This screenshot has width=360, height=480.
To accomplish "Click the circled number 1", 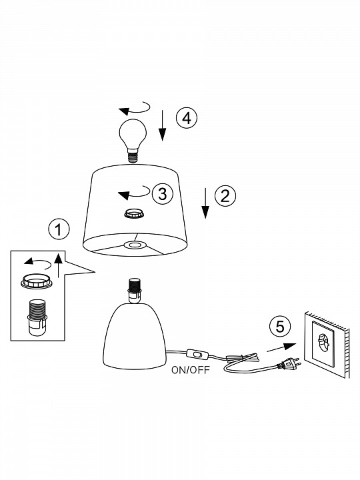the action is (x=59, y=229).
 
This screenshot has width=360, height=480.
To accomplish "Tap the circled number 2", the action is (x=225, y=195).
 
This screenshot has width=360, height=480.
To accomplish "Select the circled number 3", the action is (x=162, y=193).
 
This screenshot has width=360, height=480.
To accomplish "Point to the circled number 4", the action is (x=187, y=118).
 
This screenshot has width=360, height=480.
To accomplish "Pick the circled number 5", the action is (x=280, y=327).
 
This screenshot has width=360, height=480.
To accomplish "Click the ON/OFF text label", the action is (x=191, y=370).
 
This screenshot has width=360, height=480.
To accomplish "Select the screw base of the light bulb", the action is (x=133, y=156).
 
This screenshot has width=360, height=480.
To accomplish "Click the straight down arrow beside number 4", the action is (x=162, y=125).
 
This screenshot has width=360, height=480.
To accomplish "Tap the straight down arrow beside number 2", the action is (x=205, y=203).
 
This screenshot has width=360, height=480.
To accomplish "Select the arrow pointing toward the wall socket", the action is (x=281, y=347).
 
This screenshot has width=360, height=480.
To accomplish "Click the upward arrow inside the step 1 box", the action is (x=59, y=265).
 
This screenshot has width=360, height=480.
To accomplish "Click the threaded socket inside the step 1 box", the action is (x=37, y=317).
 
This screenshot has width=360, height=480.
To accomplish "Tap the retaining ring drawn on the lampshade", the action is (x=134, y=213).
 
